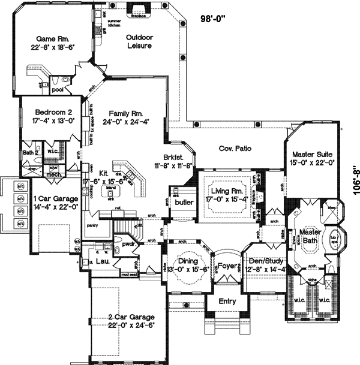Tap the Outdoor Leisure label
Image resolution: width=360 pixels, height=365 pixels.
pyautogui.click(x=139, y=41)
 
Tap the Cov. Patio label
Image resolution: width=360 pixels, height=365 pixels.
pyautogui.click(x=235, y=148)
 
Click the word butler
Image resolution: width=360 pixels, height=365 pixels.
pyautogui.click(x=183, y=203)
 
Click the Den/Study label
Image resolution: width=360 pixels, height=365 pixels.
pyautogui.click(x=264, y=265)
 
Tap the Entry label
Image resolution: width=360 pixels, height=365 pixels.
pyautogui.click(x=227, y=301)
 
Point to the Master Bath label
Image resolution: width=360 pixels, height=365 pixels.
pyautogui.click(x=310, y=236)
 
